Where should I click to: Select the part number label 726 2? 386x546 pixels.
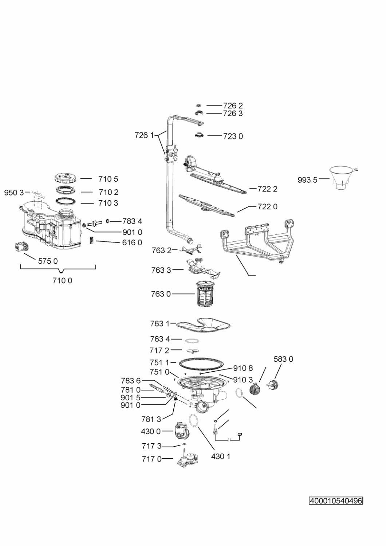pyautogui.click(x=233, y=106)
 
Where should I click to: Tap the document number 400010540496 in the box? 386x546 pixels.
pyautogui.click(x=336, y=501)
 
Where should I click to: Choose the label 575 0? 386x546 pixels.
pyautogui.click(x=48, y=261)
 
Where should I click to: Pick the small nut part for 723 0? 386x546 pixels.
pyautogui.click(x=199, y=135)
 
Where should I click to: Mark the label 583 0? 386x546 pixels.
pyautogui.click(x=283, y=359)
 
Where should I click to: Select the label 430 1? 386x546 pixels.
pyautogui.click(x=220, y=456)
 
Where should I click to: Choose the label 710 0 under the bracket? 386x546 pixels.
pyautogui.click(x=62, y=281)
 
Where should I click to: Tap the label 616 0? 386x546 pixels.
pyautogui.click(x=132, y=242)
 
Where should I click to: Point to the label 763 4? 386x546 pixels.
pyautogui.click(x=160, y=339)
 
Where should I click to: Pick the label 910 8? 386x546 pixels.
pyautogui.click(x=243, y=368)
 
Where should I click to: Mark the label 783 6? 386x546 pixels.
pyautogui.click(x=131, y=381)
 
